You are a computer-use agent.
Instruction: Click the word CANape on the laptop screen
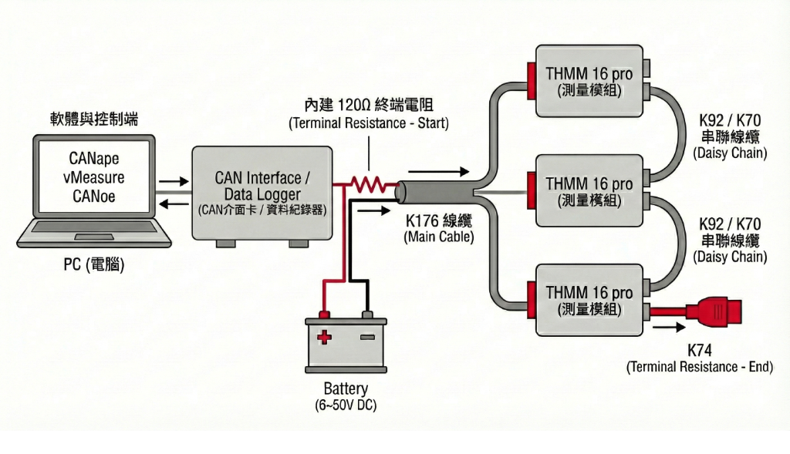coord(93,160)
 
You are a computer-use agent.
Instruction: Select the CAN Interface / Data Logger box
coord(262,193)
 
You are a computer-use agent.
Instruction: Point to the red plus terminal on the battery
coord(325,337)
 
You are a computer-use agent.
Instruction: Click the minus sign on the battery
coord(367,337)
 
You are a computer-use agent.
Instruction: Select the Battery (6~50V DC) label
coord(346,396)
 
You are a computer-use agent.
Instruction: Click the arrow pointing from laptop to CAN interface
coord(174,183)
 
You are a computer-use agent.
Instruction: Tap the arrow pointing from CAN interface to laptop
coord(174,203)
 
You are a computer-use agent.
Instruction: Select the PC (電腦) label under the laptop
coord(93,265)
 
